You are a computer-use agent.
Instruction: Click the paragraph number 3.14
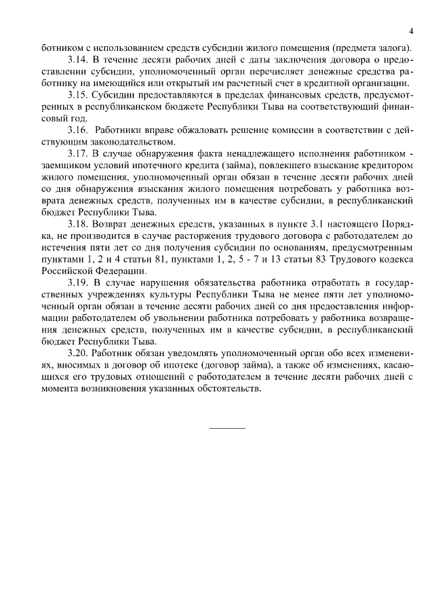79,59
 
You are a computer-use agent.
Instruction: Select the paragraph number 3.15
79,94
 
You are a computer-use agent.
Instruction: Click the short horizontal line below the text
227,428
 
